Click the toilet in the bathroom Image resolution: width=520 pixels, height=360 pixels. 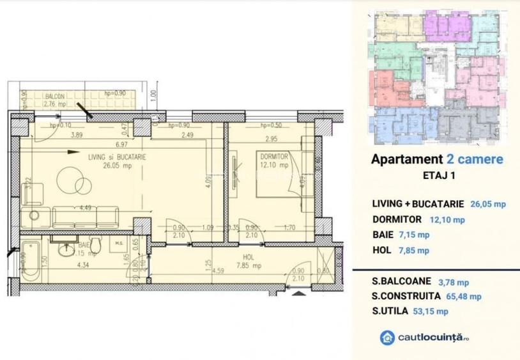[95, 246]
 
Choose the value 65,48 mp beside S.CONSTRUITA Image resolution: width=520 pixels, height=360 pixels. [463, 296]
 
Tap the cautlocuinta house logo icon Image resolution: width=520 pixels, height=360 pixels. [386, 337]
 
